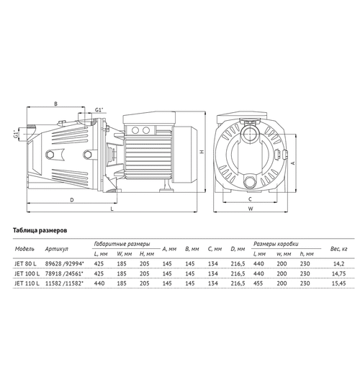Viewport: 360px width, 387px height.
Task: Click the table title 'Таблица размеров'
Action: tap(40, 232)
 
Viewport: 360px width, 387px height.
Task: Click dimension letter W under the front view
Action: tap(251, 211)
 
